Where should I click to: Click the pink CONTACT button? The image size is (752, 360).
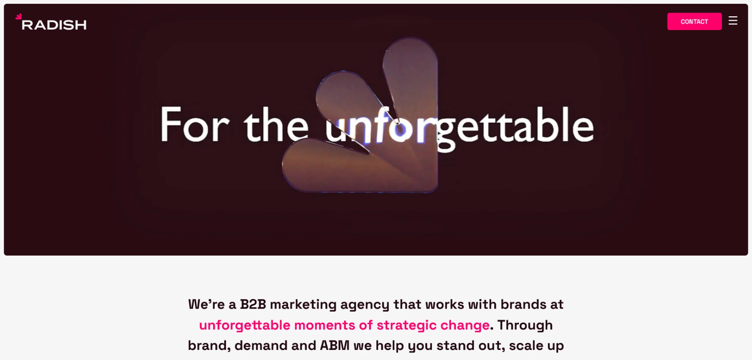(694, 21)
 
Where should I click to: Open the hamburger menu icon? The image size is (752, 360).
(733, 20)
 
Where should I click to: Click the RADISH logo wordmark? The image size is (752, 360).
(54, 25)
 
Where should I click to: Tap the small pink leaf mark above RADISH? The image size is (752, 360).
(18, 17)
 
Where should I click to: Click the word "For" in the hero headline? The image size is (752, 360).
(195, 124)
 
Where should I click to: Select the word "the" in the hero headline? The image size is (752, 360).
(276, 124)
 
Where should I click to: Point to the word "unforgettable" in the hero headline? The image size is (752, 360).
(460, 128)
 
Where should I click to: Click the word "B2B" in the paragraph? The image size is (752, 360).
(253, 304)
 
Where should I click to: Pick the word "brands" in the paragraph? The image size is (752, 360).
(523, 304)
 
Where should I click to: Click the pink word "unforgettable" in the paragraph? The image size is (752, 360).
(244, 325)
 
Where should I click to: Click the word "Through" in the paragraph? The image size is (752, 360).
(525, 325)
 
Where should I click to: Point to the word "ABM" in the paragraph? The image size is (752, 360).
(335, 345)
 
